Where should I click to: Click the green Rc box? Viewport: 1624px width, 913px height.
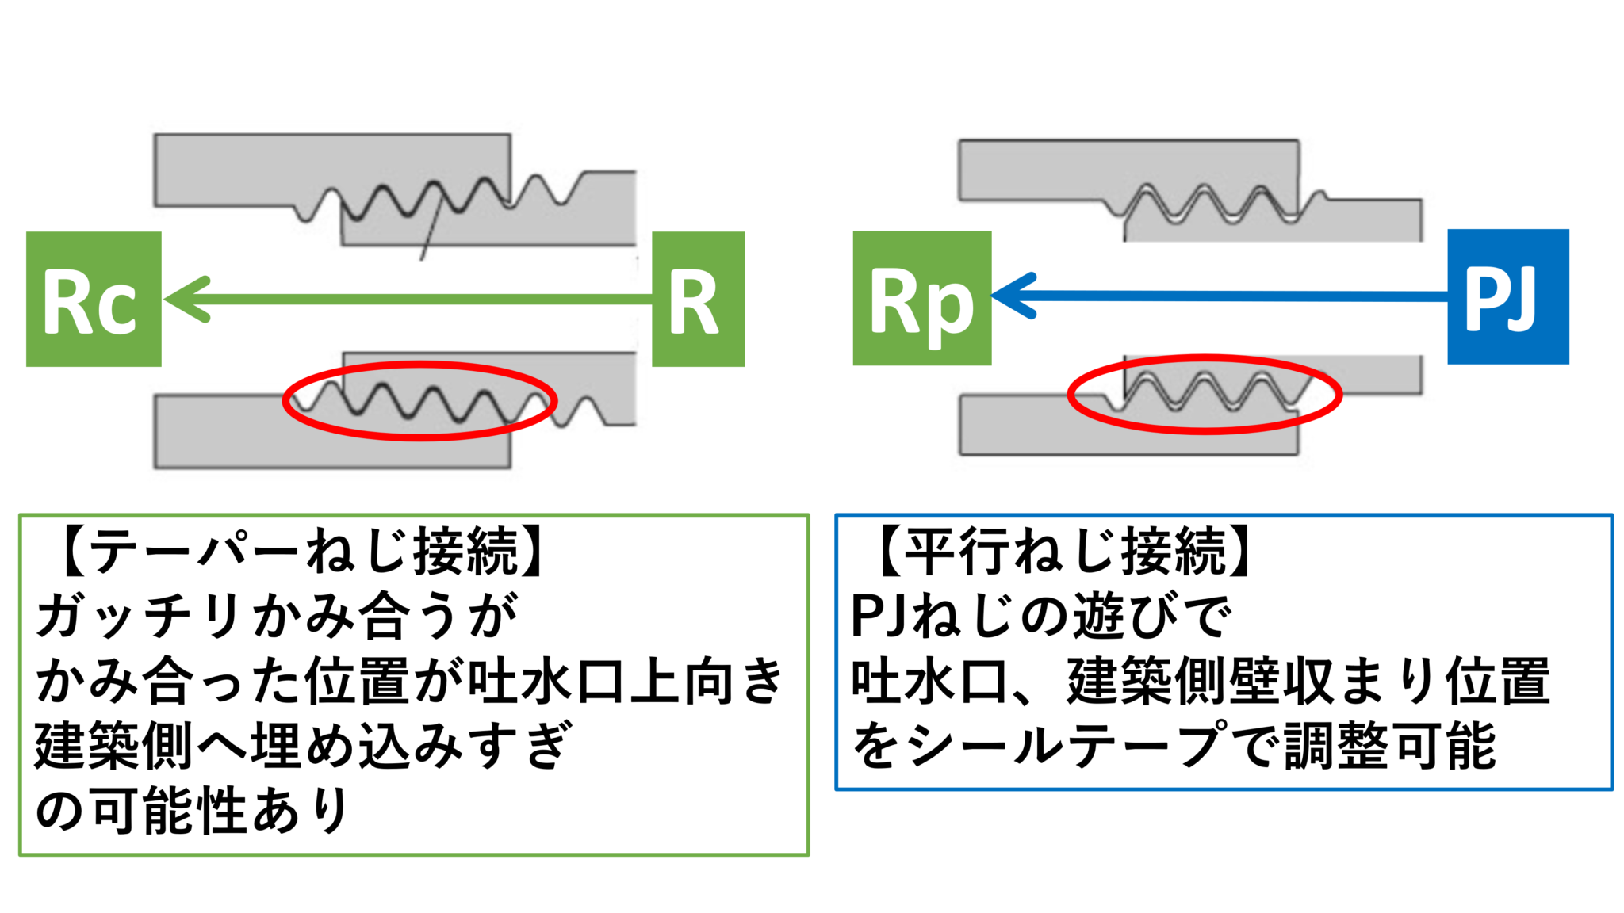click(94, 299)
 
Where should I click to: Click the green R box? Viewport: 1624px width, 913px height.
click(698, 299)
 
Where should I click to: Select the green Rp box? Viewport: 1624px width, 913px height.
click(921, 298)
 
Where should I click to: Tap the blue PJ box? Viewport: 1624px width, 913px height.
click(1507, 296)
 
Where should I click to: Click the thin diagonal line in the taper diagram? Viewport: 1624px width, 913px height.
click(431, 230)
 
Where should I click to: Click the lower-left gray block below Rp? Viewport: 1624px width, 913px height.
click(1031, 428)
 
